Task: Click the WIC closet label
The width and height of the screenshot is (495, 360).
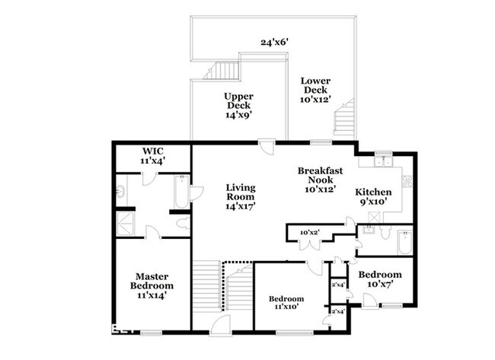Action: (152, 156)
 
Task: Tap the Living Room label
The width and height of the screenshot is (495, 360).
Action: (240, 196)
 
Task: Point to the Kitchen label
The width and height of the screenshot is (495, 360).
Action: (374, 197)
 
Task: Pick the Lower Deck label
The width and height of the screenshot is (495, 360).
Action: (315, 90)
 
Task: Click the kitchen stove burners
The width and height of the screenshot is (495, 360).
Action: (407, 182)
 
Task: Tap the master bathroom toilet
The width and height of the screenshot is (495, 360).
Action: (182, 223)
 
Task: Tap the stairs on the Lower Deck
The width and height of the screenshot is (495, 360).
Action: (346, 116)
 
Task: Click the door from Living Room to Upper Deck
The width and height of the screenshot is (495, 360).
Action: (265, 145)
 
